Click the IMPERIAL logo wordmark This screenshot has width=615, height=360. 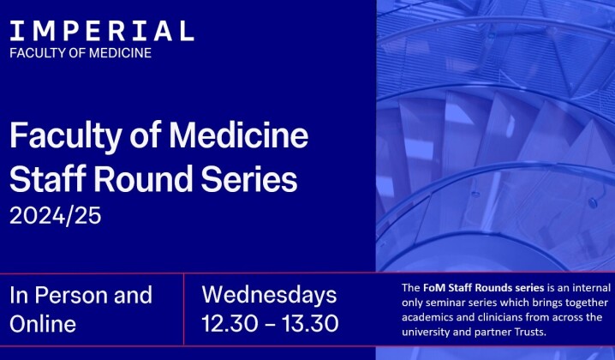point(101,32)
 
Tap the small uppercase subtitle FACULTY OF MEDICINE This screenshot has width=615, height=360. point(81,53)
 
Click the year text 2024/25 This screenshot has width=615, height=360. point(56,215)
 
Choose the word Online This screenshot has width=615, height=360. point(43,324)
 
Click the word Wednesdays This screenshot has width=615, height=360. point(270,296)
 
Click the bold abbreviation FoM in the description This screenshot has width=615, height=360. point(435,287)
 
